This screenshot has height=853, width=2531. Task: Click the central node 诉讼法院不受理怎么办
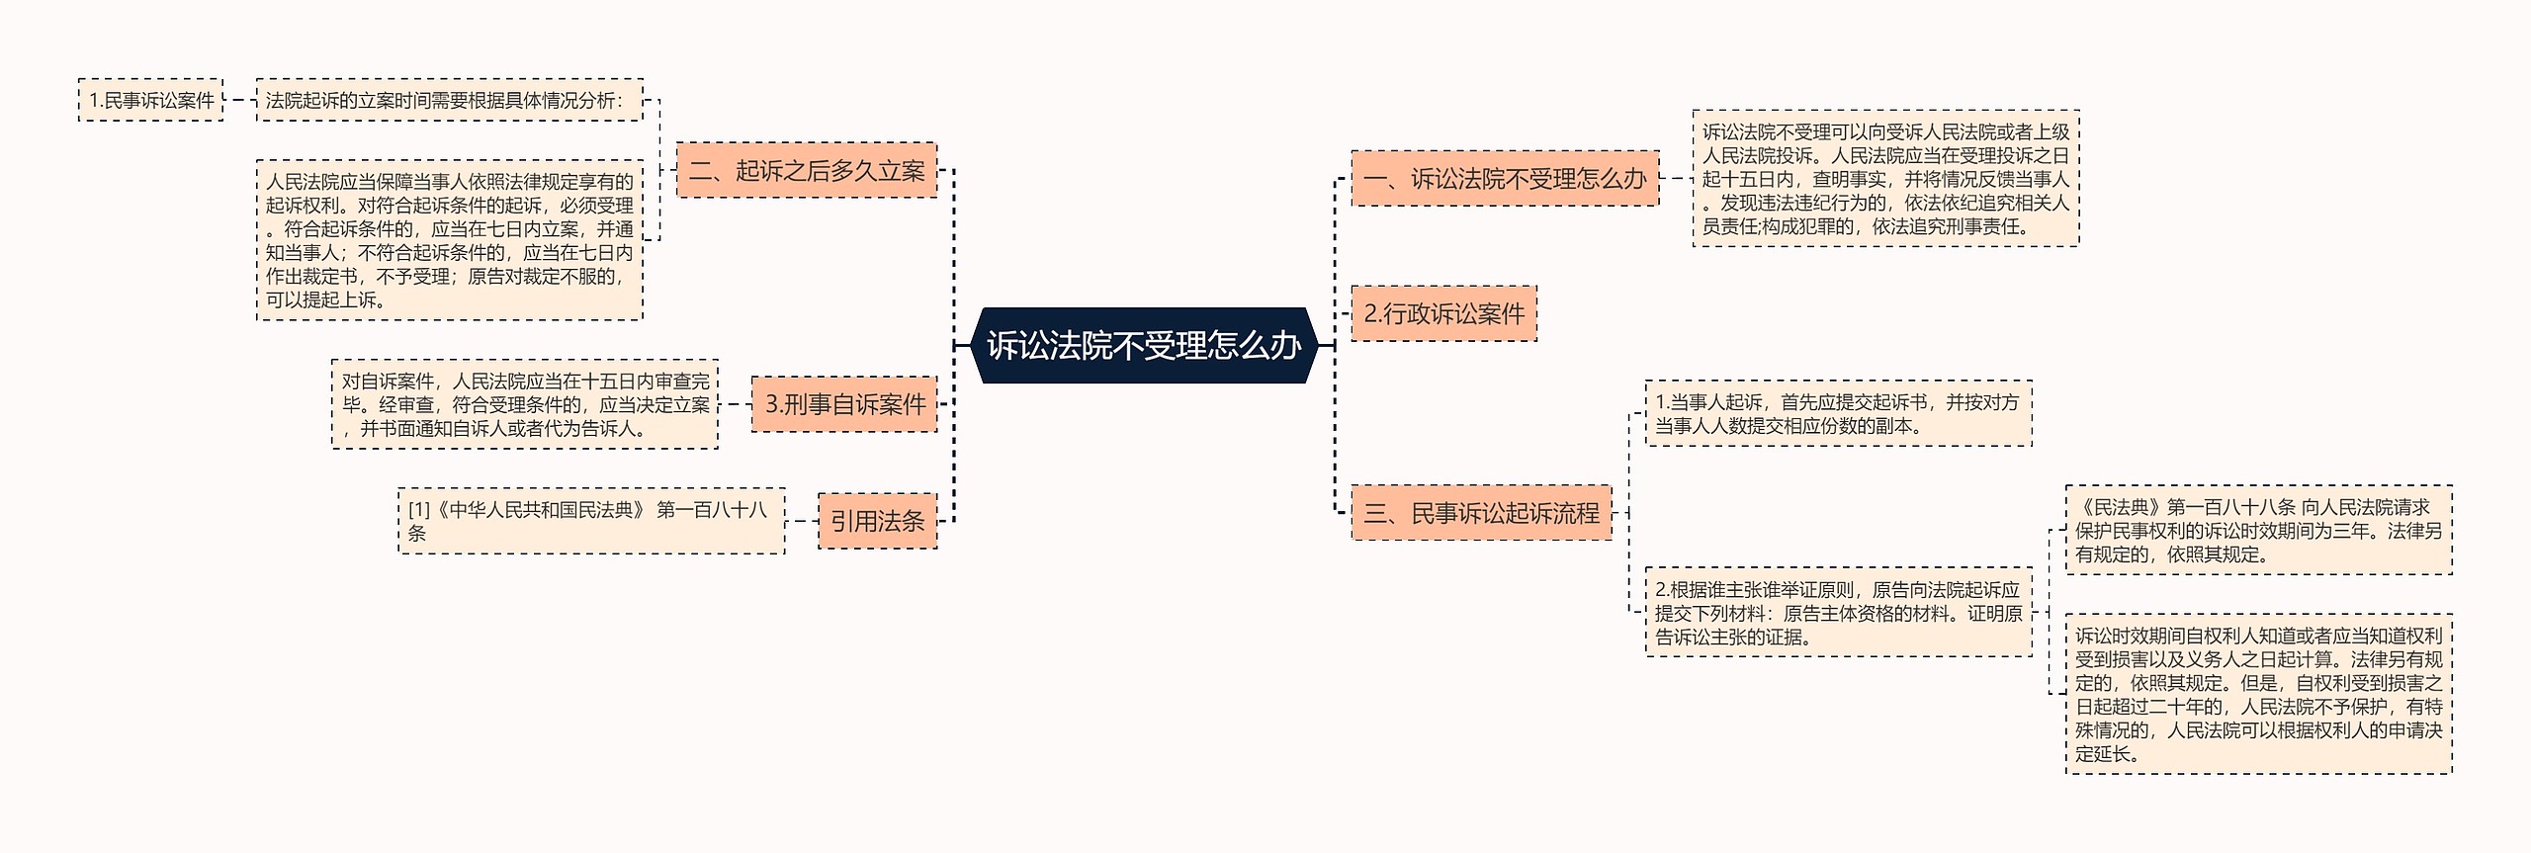(1143, 345)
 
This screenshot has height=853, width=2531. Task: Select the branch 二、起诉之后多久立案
(806, 170)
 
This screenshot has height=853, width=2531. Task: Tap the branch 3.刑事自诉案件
(843, 403)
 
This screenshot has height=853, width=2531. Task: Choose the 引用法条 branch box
(877, 521)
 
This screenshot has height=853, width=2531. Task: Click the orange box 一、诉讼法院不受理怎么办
(1504, 179)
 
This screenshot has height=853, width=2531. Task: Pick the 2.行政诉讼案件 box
(1443, 314)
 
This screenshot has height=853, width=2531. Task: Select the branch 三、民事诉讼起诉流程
(1480, 513)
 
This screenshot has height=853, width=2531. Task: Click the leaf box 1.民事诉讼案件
(150, 100)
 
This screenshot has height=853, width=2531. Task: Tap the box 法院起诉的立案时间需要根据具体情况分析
(449, 100)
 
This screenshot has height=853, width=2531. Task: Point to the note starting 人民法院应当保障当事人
(449, 240)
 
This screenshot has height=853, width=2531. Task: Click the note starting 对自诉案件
(525, 404)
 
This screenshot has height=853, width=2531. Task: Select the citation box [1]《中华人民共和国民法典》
(591, 521)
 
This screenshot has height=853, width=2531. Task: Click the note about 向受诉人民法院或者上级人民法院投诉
(1884, 179)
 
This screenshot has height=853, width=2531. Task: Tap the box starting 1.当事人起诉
(1838, 414)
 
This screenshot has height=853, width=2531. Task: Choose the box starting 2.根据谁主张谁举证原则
(1838, 613)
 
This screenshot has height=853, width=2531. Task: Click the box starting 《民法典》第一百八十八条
(2258, 531)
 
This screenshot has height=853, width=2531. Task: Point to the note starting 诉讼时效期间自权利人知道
(2258, 694)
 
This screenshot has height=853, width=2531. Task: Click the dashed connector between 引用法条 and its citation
(802, 521)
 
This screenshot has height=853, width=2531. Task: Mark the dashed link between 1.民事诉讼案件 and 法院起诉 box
(239, 100)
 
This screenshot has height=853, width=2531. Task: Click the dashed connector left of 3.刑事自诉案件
(735, 403)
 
